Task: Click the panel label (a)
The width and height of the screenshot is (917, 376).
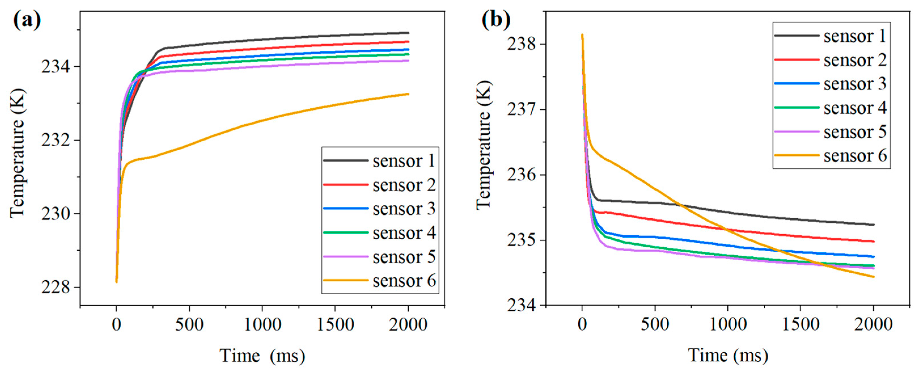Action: pyautogui.click(x=27, y=20)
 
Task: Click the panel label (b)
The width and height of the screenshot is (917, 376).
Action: pyautogui.click(x=496, y=20)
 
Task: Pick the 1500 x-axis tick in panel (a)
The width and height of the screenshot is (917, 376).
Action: pyautogui.click(x=335, y=324)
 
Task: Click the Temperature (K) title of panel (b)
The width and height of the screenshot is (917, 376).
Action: pyautogui.click(x=484, y=145)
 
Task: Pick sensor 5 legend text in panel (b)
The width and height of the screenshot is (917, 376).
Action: pyautogui.click(x=854, y=132)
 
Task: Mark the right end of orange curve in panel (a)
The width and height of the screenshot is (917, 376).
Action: pyautogui.click(x=408, y=94)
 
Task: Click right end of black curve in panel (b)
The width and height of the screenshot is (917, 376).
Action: pyautogui.click(x=874, y=225)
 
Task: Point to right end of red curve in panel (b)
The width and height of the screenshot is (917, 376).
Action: pyautogui.click(x=874, y=241)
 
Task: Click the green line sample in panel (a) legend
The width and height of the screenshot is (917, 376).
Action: pyautogui.click(x=345, y=233)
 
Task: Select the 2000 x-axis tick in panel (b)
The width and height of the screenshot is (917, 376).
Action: pyautogui.click(x=873, y=324)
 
